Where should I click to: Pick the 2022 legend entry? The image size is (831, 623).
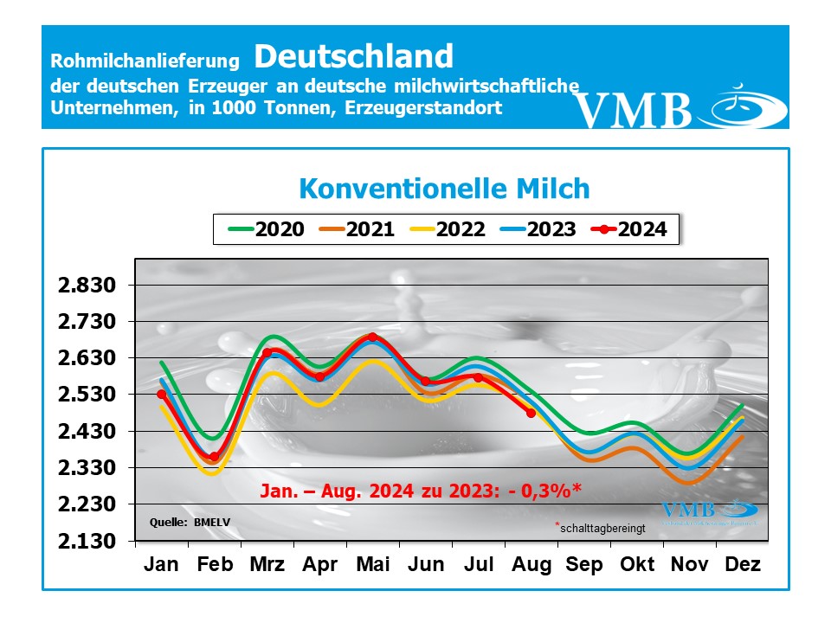[451, 229]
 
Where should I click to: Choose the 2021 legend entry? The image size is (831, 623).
[359, 229]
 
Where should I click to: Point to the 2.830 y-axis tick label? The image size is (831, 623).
[85, 286]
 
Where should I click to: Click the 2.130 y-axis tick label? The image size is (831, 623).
[85, 542]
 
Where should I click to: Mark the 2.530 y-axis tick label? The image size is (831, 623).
[85, 395]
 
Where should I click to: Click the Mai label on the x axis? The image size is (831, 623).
[372, 565]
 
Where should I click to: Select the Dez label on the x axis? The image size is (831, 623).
[742, 565]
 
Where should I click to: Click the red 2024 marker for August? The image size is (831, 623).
[531, 413]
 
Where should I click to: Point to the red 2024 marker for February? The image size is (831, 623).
[214, 457]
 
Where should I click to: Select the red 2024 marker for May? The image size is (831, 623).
[372, 337]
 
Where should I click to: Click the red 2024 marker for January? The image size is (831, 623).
[161, 395]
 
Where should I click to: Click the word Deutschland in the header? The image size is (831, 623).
[353, 56]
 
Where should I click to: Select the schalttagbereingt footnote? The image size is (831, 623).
[602, 526]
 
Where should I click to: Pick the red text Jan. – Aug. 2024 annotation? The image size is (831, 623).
[421, 491]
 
